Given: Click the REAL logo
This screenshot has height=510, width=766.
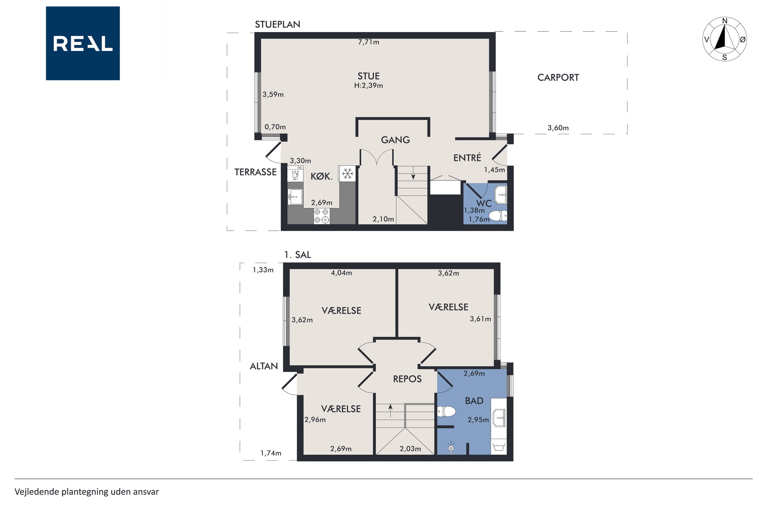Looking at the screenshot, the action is (83, 43).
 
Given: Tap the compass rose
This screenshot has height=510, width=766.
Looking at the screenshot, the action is (724, 39).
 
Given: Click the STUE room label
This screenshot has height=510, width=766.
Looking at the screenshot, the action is (369, 76).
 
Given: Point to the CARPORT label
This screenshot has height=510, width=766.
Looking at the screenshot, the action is (558, 77).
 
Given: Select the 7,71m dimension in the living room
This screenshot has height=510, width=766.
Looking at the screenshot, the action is (369, 42).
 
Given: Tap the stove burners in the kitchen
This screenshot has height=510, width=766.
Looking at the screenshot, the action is (321, 216).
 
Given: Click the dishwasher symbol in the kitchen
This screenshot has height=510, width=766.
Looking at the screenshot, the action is (295, 174).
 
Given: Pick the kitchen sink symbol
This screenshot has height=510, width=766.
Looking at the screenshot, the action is (295, 197).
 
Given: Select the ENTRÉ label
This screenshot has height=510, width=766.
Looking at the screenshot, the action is (467, 158).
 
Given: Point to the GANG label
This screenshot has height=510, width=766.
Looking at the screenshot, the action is (395, 140).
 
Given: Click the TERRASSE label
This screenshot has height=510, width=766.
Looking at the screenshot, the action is (255, 172).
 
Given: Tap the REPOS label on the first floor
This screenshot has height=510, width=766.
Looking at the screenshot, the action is (407, 379).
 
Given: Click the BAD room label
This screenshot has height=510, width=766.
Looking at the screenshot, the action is (474, 401).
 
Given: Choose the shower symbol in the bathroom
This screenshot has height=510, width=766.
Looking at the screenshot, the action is (451, 447).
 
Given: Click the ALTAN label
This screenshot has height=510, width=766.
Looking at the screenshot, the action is (264, 366).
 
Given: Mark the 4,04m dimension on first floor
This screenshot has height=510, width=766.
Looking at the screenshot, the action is (341, 273).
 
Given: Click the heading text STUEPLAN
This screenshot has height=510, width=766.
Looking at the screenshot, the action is (277, 24).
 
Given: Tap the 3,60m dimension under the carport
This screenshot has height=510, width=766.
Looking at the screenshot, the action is (558, 128).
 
